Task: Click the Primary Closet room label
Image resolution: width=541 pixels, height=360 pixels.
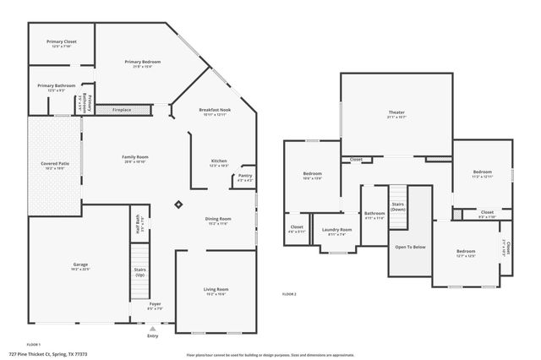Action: click(x=61, y=41)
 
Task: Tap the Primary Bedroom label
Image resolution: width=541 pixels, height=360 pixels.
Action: click(x=143, y=62)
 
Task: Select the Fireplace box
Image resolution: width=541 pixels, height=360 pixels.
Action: click(x=111, y=109)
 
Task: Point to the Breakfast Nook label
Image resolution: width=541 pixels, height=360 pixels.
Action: click(x=215, y=110)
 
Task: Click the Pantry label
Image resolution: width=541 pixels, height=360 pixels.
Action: click(x=245, y=176)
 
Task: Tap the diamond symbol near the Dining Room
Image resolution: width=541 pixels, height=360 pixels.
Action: click(x=178, y=204)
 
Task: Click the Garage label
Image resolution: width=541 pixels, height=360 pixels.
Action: click(x=80, y=265)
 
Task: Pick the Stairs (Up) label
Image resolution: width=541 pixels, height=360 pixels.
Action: click(x=140, y=272)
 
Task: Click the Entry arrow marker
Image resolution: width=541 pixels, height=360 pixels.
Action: click(x=153, y=329)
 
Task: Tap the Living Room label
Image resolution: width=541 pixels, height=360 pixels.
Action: click(x=216, y=290)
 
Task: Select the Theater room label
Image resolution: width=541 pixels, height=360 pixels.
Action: click(x=397, y=112)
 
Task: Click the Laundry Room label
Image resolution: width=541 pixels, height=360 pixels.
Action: click(x=337, y=232)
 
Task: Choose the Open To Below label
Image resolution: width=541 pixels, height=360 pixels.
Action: click(x=410, y=247)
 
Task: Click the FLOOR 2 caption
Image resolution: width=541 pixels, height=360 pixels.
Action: click(x=289, y=294)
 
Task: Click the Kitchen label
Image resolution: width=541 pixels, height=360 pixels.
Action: click(x=218, y=161)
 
